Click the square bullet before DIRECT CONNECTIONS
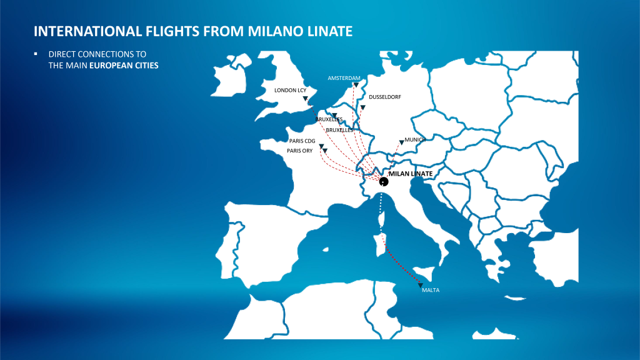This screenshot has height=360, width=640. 36,54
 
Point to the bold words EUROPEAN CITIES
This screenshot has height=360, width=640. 124,65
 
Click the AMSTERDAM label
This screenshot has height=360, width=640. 344,78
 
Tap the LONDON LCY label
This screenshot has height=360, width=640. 290,90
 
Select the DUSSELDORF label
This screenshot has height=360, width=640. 385,97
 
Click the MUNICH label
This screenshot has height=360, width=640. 415,139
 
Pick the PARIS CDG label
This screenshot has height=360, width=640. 302,141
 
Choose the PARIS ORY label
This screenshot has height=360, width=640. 299,151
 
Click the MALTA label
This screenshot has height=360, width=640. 431,290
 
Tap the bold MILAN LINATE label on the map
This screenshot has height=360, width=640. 411,174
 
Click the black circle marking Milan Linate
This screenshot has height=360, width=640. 384,182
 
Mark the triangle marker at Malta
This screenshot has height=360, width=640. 421,285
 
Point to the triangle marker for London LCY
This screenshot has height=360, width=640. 305,98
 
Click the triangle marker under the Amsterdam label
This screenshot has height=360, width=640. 356,85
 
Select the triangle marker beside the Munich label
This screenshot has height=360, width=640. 401,142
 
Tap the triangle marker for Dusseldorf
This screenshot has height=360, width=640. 362,107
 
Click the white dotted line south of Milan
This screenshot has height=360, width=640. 381,214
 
